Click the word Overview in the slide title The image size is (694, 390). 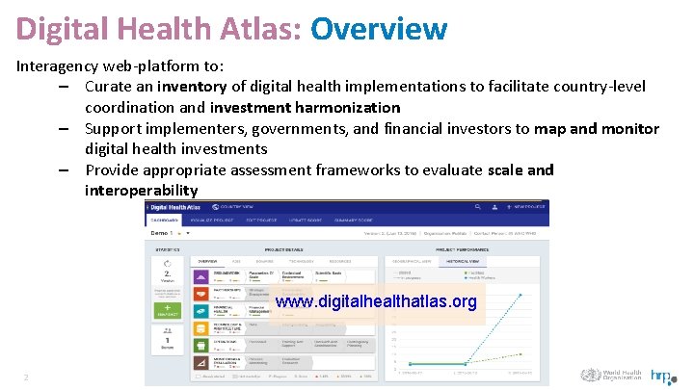(x=379, y=28)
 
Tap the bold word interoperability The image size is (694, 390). (x=141, y=190)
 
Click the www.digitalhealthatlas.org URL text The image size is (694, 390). (x=375, y=302)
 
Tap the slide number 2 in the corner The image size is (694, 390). (x=27, y=377)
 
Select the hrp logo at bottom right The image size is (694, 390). (x=661, y=377)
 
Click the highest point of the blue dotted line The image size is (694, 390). (x=521, y=295)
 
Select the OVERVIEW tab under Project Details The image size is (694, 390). (x=208, y=261)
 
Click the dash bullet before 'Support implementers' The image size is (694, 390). (x=62, y=128)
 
